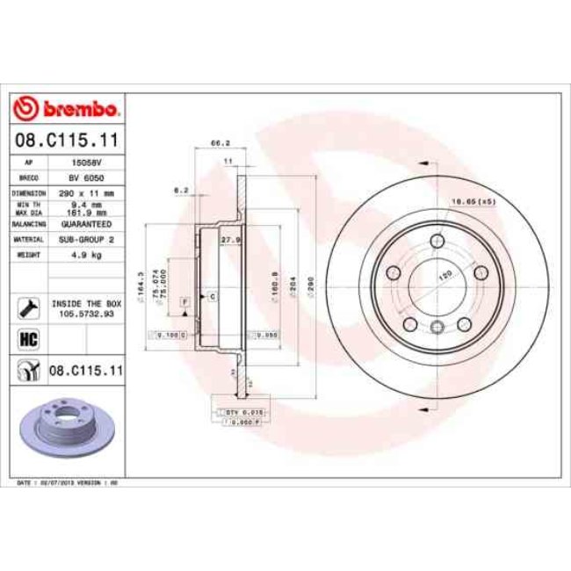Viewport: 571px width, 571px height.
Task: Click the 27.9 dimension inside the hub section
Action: [x=231, y=240]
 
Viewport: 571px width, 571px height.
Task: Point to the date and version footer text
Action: [x=69, y=484]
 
